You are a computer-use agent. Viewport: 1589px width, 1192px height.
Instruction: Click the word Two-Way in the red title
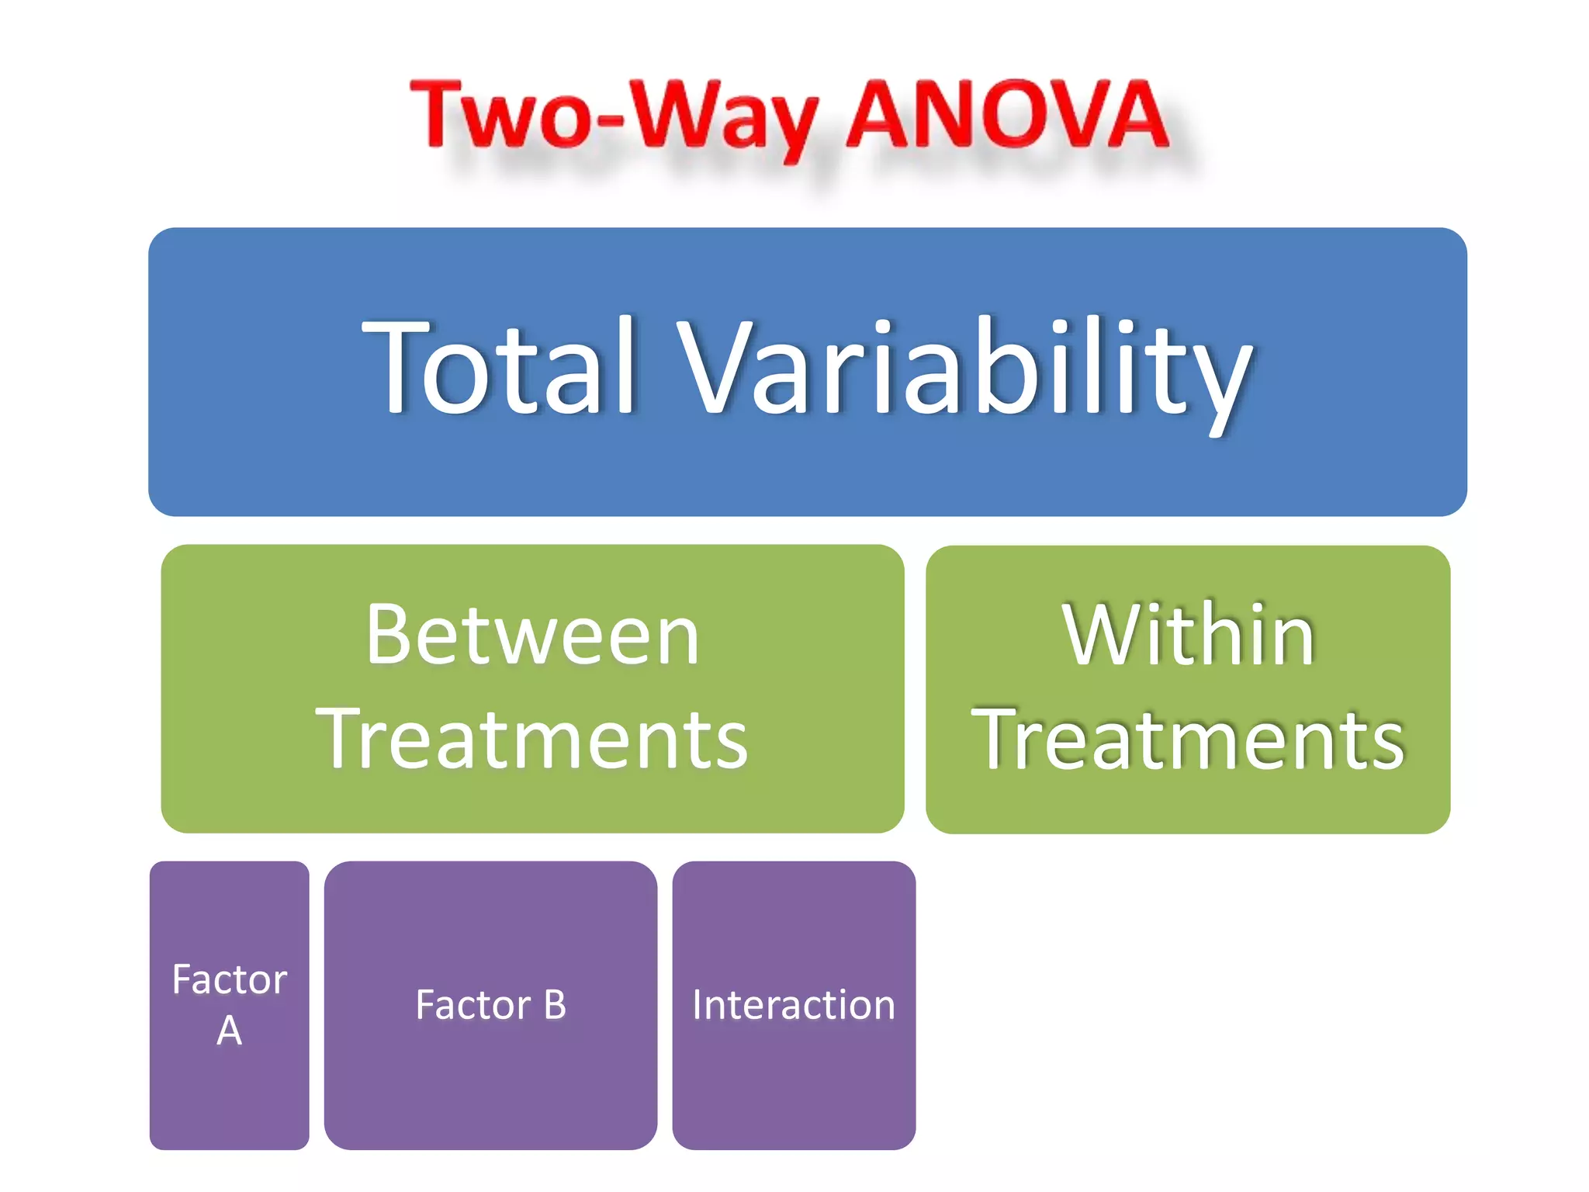pyautogui.click(x=613, y=116)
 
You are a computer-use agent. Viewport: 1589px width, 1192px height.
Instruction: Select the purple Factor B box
pyautogui.click(x=490, y=1086)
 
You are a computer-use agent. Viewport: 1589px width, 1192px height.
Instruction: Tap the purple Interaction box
pyautogui.click(x=793, y=1086)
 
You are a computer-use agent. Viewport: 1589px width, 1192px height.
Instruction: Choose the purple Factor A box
pyautogui.click(x=229, y=1102)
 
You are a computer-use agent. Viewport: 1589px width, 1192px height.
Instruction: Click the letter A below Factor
pyautogui.click(x=229, y=1031)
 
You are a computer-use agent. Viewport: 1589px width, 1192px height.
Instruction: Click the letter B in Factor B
pyautogui.click(x=555, y=1005)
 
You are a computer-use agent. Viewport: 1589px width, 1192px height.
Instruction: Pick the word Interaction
pyautogui.click(x=793, y=1005)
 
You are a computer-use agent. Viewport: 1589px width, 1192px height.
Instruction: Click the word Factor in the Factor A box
pyautogui.click(x=229, y=979)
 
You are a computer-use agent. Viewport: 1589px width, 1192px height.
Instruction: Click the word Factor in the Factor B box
pyautogui.click(x=473, y=1005)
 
